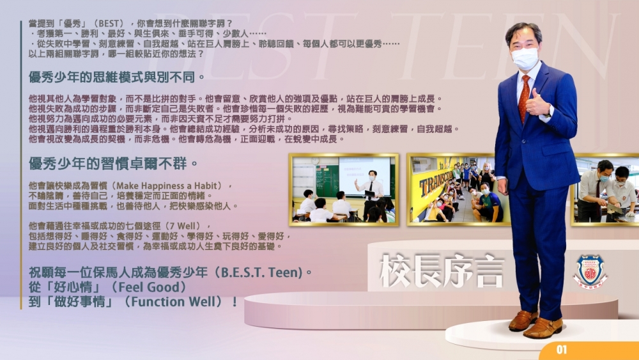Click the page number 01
pyautogui.click(x=562, y=349)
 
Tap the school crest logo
pyautogui.click(x=589, y=271)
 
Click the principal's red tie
pyautogui.click(x=524, y=98)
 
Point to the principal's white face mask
pyautogui.click(x=525, y=58)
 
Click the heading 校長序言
pyautogui.click(x=442, y=271)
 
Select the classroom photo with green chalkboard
pyautogui.click(x=344, y=189)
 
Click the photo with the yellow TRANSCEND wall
pyautogui.click(x=452, y=189)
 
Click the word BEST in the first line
pyautogui.click(x=111, y=24)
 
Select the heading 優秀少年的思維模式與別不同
pyautogui.click(x=117, y=77)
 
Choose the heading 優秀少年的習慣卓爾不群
pyautogui.click(x=113, y=164)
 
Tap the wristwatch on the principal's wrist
pyautogui.click(x=548, y=112)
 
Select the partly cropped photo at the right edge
pyautogui.click(x=604, y=189)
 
